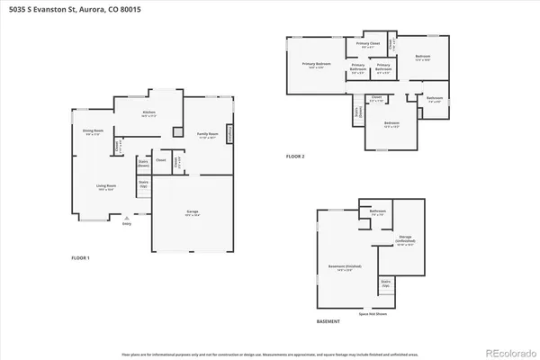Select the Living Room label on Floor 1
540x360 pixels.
[x=106, y=187]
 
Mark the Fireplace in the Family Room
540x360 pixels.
[x=229, y=133]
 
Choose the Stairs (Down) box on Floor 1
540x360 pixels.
[x=143, y=165]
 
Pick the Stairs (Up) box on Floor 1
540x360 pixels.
[x=143, y=184]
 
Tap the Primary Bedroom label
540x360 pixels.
[x=316, y=64]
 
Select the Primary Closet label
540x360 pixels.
[x=368, y=44]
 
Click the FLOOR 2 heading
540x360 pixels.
[x=295, y=157]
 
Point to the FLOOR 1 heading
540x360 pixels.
[x=81, y=258]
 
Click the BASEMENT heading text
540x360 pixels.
[x=328, y=321]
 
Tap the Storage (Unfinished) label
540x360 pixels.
[x=406, y=241]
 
